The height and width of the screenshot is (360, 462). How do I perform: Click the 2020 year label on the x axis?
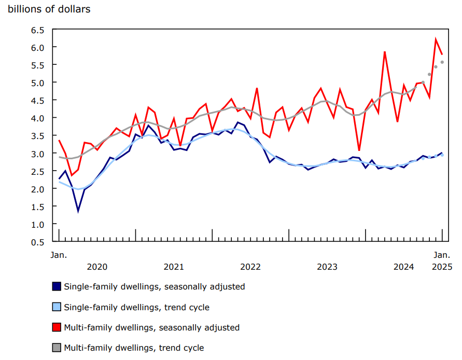point(97,267)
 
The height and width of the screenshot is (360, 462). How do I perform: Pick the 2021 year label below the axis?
point(174,267)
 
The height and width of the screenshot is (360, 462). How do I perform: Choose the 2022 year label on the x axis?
point(250,267)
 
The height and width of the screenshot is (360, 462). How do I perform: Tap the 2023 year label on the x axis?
point(327,267)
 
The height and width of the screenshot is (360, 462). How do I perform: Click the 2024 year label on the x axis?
point(404,267)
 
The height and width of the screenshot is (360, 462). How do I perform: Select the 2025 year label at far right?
point(442,267)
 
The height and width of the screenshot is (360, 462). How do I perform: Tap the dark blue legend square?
point(57,286)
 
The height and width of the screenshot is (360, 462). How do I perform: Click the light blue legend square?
point(57,307)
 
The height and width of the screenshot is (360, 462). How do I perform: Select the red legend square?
point(57,327)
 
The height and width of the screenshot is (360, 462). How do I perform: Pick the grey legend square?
point(57,348)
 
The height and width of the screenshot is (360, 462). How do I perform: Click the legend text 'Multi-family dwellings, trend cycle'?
point(134,348)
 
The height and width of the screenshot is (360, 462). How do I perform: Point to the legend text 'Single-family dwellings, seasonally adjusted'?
point(154,286)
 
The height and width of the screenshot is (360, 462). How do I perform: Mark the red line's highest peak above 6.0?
point(436,39)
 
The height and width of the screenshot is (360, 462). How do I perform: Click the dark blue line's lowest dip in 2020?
point(78,211)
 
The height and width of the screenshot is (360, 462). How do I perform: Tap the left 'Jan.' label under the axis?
point(59,255)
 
